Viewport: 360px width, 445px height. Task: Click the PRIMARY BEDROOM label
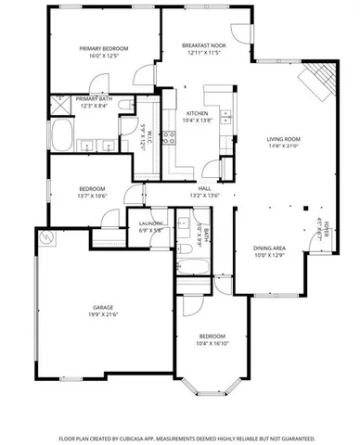point(103,48)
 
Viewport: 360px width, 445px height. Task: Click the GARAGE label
point(103,307)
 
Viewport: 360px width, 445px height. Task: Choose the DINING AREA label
point(270,248)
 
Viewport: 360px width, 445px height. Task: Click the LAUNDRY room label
point(151,223)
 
